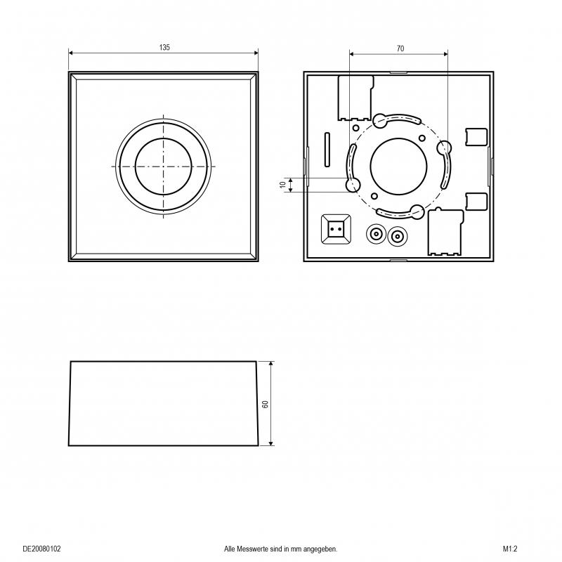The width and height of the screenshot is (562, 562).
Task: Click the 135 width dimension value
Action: pos(164,48)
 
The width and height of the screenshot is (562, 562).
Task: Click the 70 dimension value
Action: pos(400,48)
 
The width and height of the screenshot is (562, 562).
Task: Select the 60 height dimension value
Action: pos(266,404)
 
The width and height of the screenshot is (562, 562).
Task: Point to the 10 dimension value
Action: pos(283,185)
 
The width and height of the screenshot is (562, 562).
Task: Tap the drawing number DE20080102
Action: pos(42,549)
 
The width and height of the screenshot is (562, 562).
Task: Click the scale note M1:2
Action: pos(510,549)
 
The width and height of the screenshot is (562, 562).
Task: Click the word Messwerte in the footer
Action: pos(252,549)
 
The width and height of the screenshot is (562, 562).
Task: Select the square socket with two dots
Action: pos(336,230)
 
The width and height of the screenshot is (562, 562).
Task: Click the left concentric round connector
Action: pos(376,235)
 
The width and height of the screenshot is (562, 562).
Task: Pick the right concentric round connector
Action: pos(398,236)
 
